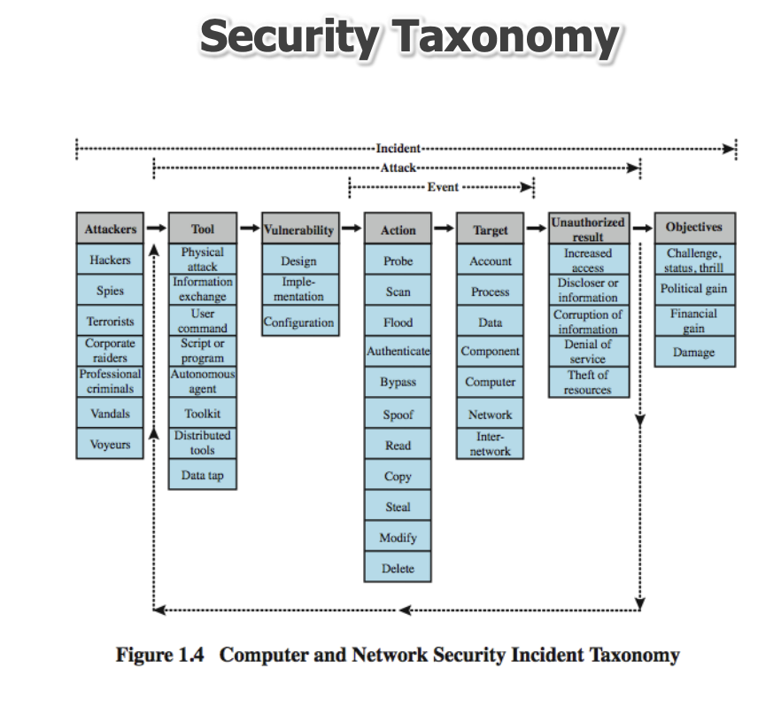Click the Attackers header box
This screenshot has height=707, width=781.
pos(111,229)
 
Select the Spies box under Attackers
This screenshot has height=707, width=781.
pos(111,291)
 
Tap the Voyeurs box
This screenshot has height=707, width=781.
pos(111,445)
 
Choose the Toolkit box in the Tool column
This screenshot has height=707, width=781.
pos(203,414)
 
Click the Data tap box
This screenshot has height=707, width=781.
pos(203,476)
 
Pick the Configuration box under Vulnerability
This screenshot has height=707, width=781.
pos(299,322)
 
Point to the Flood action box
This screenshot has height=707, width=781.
pos(398,322)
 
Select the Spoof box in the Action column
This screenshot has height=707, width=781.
pos(398,415)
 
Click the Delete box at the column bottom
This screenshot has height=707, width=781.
pos(398,569)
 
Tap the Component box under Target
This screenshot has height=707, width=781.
pos(491,351)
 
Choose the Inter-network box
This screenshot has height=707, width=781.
pos(491,444)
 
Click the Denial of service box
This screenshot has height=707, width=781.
pos(588,352)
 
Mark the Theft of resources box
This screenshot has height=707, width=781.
pos(588,383)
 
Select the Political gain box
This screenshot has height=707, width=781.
pos(694,290)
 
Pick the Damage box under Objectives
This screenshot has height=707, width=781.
pos(694,352)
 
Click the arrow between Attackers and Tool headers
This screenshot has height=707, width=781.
pos(156,229)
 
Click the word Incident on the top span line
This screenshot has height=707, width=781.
pos(398,148)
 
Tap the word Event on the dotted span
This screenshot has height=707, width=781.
pos(443,188)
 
